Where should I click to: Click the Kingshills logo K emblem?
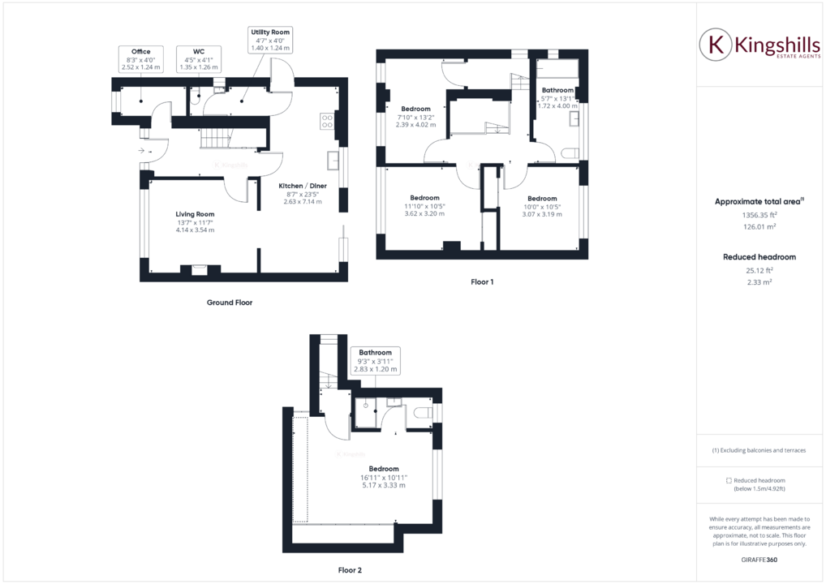(716, 44)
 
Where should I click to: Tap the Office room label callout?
(141, 59)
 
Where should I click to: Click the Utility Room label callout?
(270, 40)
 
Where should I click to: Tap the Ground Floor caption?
(229, 303)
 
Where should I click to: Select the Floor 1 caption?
(482, 282)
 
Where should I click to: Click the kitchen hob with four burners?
(327, 121)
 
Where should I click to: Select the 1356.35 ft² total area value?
(759, 217)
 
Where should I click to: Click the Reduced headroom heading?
(759, 257)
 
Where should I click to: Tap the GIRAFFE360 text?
(759, 560)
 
